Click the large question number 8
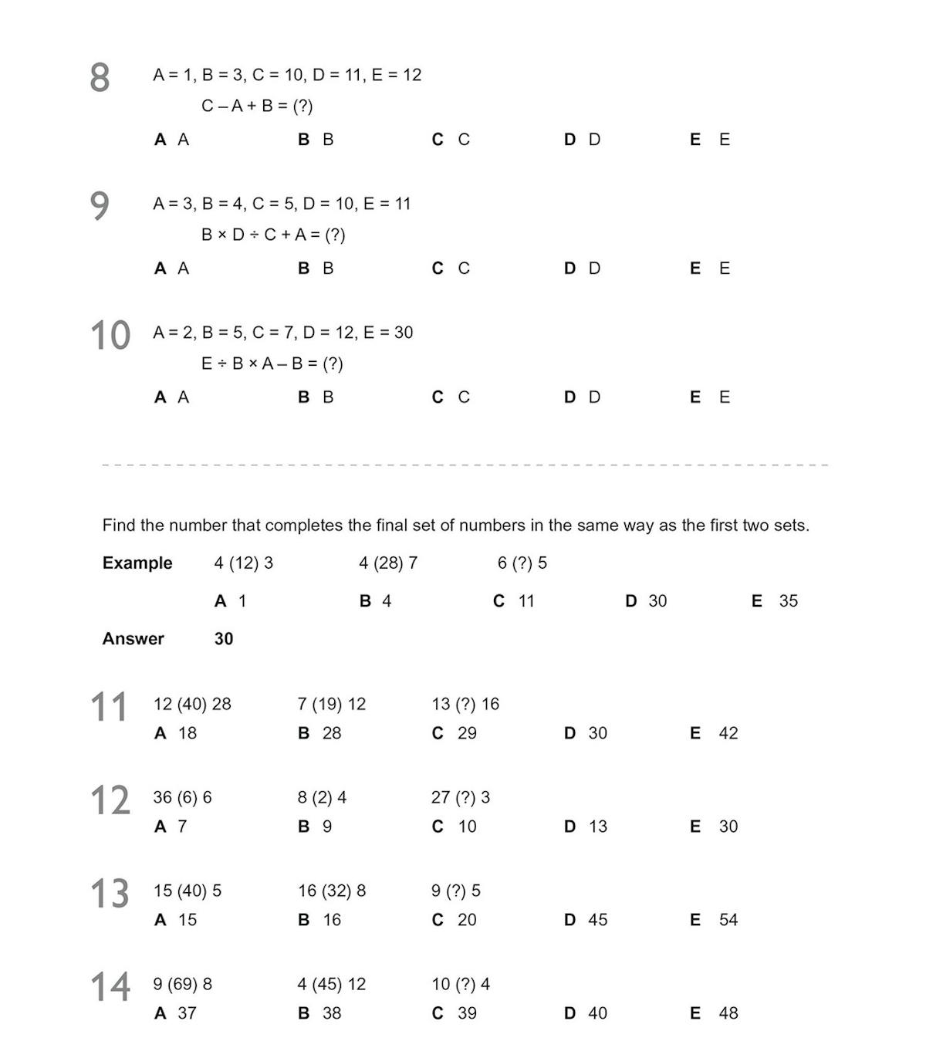(100, 78)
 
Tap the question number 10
(110, 336)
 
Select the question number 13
(110, 894)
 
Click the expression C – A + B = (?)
(257, 106)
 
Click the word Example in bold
(137, 563)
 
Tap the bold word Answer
(133, 638)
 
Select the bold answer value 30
(224, 638)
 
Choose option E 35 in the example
(775, 600)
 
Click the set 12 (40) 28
(192, 704)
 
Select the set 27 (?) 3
(460, 797)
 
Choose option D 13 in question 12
(586, 826)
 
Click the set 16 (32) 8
(332, 891)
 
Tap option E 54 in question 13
(714, 919)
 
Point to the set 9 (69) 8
(182, 984)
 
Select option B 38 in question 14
(319, 1013)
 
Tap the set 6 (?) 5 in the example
(522, 563)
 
